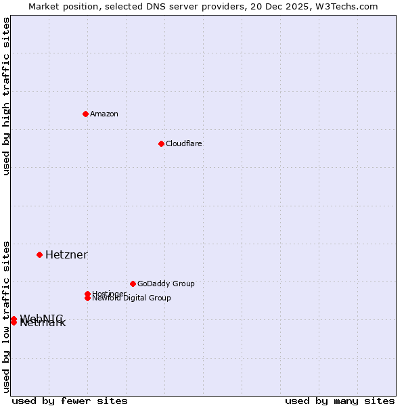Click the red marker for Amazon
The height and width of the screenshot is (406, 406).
click(x=85, y=114)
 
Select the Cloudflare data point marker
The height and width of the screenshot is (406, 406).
click(x=161, y=143)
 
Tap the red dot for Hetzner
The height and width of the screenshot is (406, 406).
click(x=39, y=254)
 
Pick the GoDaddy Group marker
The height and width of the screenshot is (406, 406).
click(x=133, y=284)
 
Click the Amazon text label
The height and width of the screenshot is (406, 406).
click(x=104, y=114)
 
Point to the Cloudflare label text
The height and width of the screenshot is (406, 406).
click(x=183, y=143)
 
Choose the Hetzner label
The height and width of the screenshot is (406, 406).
click(x=66, y=254)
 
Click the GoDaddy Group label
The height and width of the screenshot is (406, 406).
click(x=166, y=284)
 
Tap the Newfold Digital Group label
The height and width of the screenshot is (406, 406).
click(x=131, y=298)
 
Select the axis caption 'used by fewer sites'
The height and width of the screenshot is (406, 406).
click(x=70, y=401)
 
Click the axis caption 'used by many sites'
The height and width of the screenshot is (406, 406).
click(x=340, y=401)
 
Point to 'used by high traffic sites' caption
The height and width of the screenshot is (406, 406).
click(x=6, y=96)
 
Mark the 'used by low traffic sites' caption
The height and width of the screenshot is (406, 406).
click(x=6, y=316)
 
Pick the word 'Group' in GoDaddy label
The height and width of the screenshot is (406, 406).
click(x=183, y=284)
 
